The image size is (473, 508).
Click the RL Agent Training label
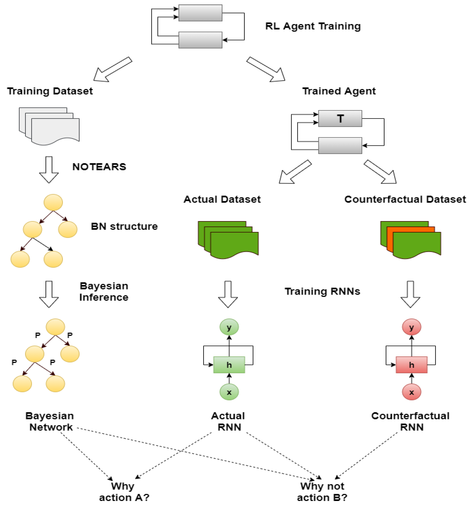pyautogui.click(x=313, y=26)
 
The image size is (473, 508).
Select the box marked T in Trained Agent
pyautogui.click(x=340, y=119)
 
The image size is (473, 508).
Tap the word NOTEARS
pyautogui.click(x=99, y=167)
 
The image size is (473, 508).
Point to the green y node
pyautogui.click(x=229, y=327)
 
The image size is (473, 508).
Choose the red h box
pyautogui.click(x=411, y=365)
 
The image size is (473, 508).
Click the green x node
pyautogui.click(x=229, y=392)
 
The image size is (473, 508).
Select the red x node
pyautogui.click(x=411, y=392)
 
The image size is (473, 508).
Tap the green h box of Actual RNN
pyautogui.click(x=229, y=365)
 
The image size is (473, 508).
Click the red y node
pyautogui.click(x=411, y=327)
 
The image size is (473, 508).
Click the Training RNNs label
pyautogui.click(x=322, y=291)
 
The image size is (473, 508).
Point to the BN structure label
pyautogui.click(x=124, y=226)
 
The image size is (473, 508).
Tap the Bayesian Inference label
pyautogui.click(x=104, y=292)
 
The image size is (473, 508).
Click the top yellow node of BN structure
pyautogui.click(x=53, y=202)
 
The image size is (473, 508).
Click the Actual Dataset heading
pyautogui.click(x=222, y=199)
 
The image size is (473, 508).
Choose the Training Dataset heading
pyautogui.click(x=50, y=91)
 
